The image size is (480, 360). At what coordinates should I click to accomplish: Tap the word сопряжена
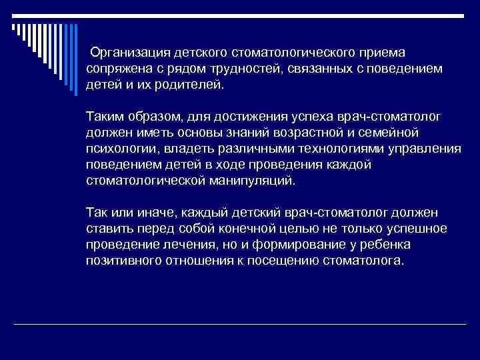(x=114, y=69)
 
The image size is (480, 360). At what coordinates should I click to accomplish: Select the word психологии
(x=118, y=149)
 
